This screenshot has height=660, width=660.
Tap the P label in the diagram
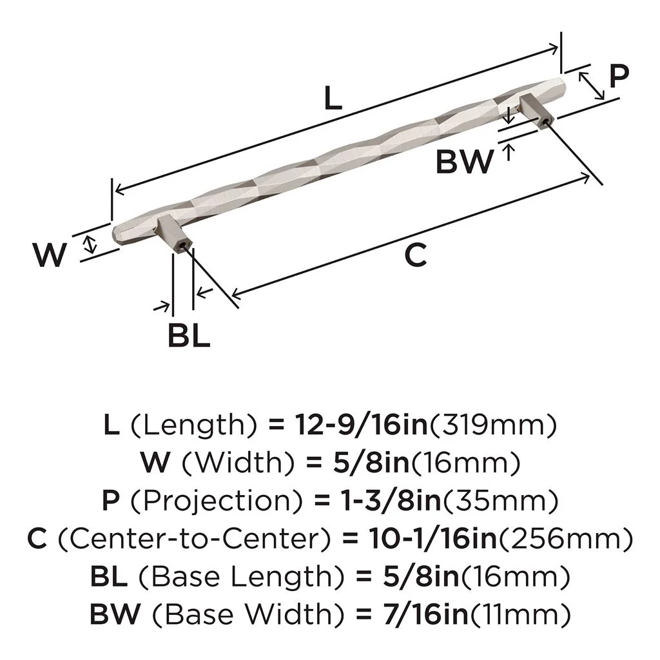(618, 77)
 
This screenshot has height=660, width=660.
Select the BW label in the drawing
(464, 162)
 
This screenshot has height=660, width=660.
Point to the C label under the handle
(416, 256)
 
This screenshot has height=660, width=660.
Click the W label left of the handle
(50, 256)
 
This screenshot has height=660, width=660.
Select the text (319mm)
(493, 425)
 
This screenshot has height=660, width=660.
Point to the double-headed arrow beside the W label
(91, 244)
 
